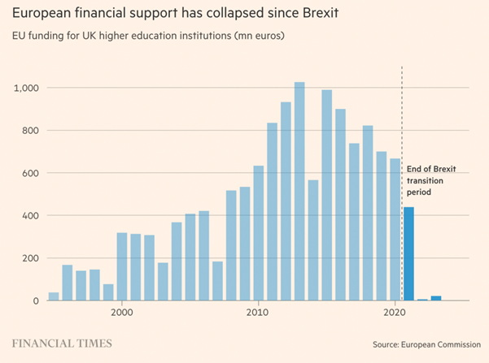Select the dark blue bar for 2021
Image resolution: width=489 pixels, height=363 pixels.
408,253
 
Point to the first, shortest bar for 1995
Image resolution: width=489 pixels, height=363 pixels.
54,296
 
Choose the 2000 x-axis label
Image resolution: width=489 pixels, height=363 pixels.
122,312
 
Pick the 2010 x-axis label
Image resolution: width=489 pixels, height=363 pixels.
259,312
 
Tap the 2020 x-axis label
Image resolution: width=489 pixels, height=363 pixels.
395,312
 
